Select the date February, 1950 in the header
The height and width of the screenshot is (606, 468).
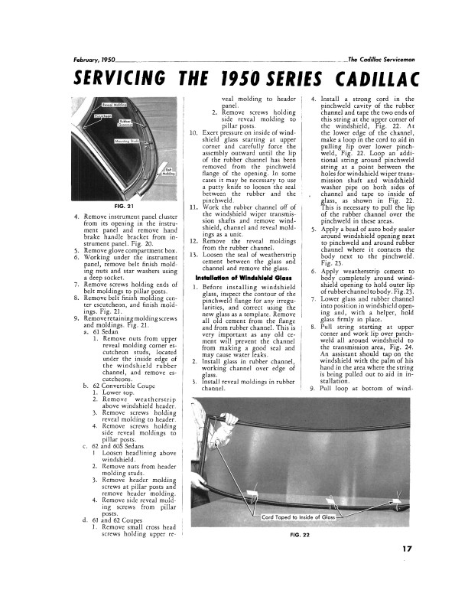[x=94, y=60]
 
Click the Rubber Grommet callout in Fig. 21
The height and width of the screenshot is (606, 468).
[x=124, y=123]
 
